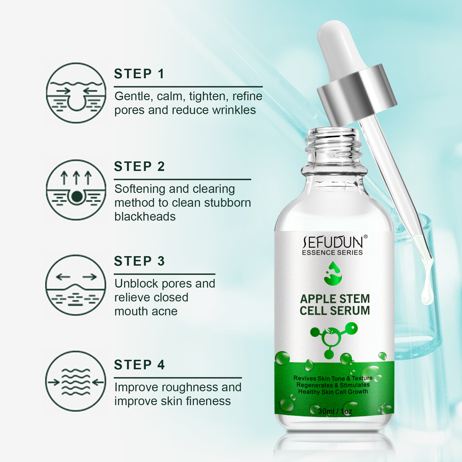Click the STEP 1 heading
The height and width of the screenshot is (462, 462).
(139, 74)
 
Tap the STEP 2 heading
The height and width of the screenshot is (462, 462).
(139, 166)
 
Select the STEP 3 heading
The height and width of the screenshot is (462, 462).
(139, 261)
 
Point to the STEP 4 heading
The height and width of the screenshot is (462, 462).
(139, 365)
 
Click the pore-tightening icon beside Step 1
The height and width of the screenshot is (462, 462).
(76, 93)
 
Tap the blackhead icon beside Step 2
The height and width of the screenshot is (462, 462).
(76, 190)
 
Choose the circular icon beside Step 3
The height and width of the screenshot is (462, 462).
(76, 285)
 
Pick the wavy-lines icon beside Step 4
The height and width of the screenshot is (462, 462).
(76, 381)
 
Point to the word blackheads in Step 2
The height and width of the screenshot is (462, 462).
(145, 217)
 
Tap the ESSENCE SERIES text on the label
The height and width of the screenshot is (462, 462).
(332, 253)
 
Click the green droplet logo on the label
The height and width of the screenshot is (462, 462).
(333, 273)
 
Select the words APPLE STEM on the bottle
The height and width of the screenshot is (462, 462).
(335, 299)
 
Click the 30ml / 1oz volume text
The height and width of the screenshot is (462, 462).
(335, 411)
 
